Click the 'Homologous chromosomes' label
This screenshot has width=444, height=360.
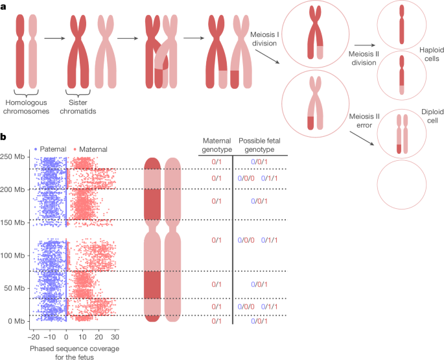[26, 107]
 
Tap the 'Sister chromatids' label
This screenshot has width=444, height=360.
[78, 107]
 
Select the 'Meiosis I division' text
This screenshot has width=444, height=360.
[264, 39]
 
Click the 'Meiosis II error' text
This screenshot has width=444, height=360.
[364, 121]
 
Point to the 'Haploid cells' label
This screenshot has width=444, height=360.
[432, 54]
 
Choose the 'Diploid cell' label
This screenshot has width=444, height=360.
[432, 116]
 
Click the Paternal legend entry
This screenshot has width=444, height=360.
[51, 149]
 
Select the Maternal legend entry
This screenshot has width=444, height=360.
[90, 149]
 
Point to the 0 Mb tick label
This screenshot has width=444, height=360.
[16, 321]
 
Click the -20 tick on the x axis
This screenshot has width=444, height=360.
[34, 337]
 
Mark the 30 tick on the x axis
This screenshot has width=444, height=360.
[115, 337]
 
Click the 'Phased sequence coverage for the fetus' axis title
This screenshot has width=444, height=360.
[75, 353]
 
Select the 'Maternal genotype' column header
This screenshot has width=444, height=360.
[217, 145]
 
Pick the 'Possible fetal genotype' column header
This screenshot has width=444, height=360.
[260, 145]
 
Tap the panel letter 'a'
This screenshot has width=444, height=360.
[3, 7]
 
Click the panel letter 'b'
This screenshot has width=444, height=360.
[3, 138]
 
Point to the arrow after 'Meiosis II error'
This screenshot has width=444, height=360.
[362, 138]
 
